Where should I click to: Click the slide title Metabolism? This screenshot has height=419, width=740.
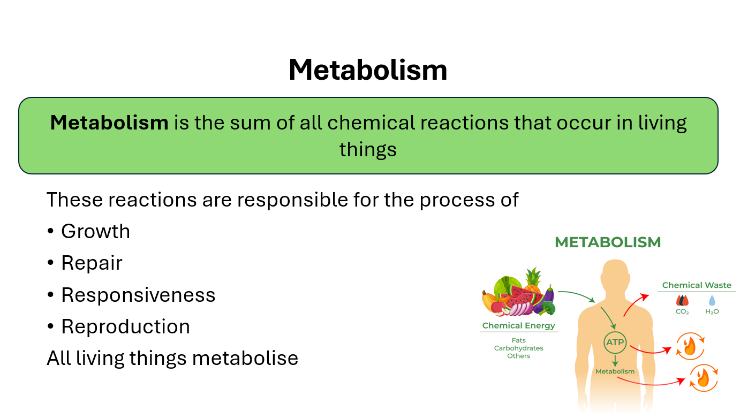tap(368, 70)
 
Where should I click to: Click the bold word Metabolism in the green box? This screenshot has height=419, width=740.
tap(109, 123)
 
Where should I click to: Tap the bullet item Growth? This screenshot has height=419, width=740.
tap(95, 231)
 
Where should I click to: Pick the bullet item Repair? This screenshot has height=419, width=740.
tap(92, 263)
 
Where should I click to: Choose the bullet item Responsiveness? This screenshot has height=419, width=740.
tap(138, 295)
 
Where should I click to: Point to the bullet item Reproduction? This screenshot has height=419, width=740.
tap(125, 326)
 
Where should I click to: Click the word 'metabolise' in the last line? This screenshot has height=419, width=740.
tap(245, 358)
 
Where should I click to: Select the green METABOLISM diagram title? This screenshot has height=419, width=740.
tap(608, 242)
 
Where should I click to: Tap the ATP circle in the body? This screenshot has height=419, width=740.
tap(615, 342)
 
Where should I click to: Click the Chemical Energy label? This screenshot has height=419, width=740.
tap(519, 325)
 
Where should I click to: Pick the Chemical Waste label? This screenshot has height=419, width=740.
tap(697, 285)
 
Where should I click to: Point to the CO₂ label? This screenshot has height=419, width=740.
tap(682, 311)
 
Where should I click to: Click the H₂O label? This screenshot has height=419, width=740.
tap(712, 311)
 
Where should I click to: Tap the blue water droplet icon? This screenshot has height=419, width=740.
tap(712, 300)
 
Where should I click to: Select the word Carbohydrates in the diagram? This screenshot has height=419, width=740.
tap(519, 348)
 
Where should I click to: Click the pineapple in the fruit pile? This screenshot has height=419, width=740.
tap(533, 280)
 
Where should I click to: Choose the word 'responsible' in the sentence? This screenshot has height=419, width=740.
tap(293, 200)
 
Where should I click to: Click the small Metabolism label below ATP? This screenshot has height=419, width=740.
tap(615, 371)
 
